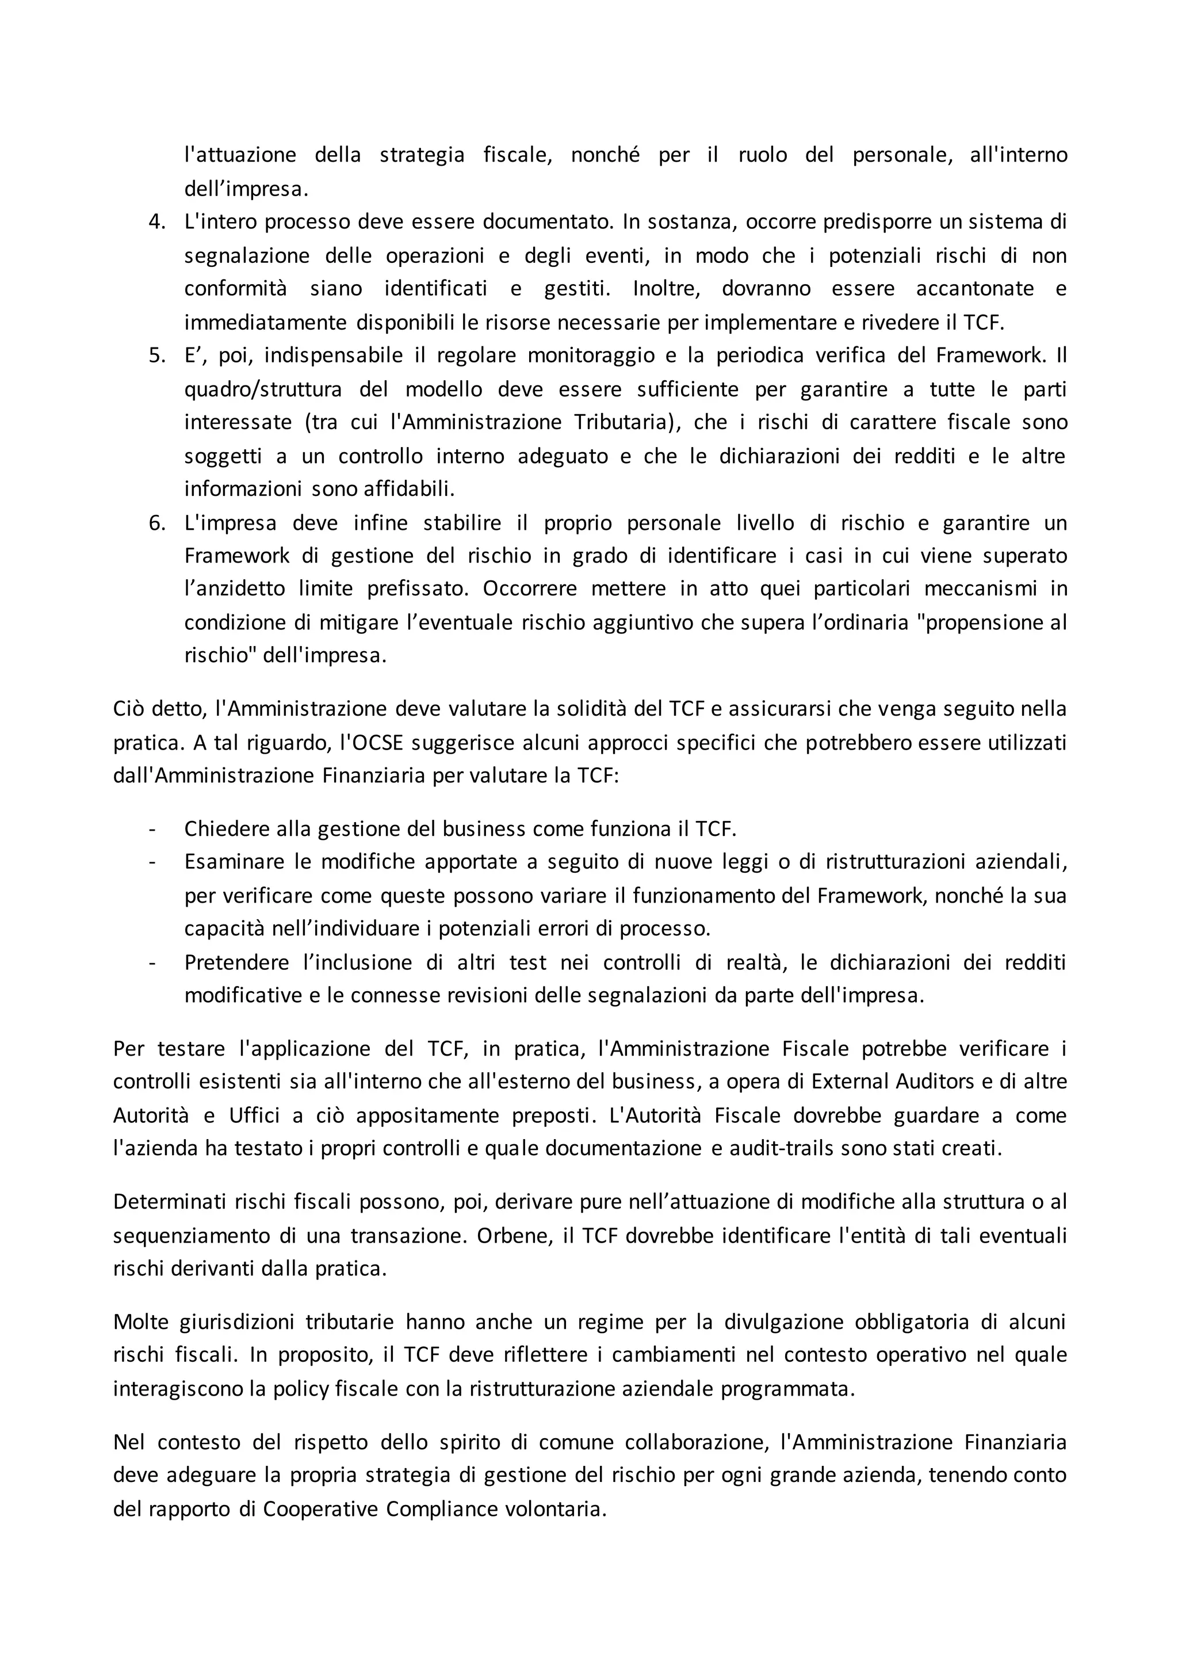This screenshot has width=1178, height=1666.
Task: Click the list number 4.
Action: click(156, 222)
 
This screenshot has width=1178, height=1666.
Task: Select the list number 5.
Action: click(156, 356)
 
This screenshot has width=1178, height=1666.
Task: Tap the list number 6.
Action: click(156, 523)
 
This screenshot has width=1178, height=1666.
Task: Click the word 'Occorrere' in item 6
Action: click(530, 589)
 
